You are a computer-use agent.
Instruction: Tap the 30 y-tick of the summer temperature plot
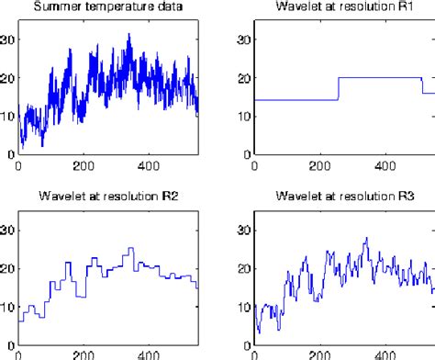[x=8, y=39]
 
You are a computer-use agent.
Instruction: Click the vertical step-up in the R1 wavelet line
[x=339, y=89]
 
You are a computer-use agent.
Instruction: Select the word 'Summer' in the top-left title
[x=54, y=9]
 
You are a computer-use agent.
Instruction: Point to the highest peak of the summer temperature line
[x=129, y=34]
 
